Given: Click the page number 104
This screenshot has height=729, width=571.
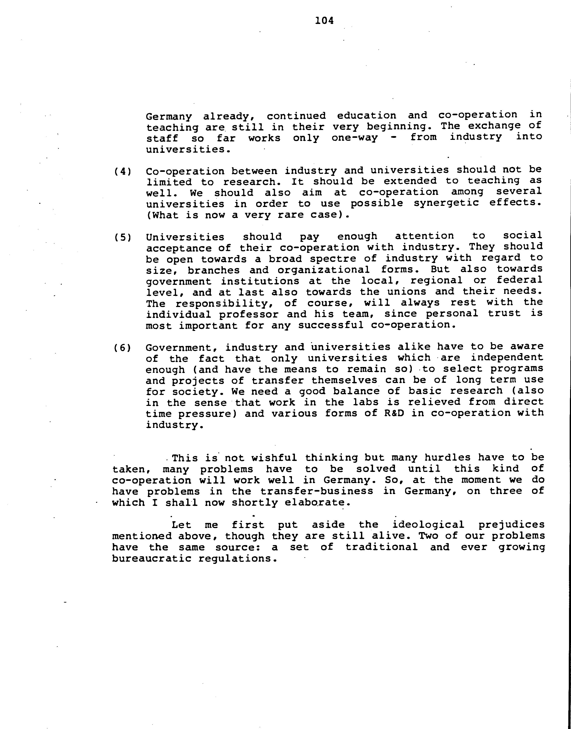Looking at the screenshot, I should pos(324,21).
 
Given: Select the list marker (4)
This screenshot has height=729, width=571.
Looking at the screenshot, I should pos(122,172).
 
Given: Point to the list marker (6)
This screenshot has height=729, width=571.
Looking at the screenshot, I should pos(122,348).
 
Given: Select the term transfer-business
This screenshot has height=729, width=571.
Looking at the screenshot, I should pos(317,491).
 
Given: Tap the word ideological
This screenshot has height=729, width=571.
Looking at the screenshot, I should pos(428,525).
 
